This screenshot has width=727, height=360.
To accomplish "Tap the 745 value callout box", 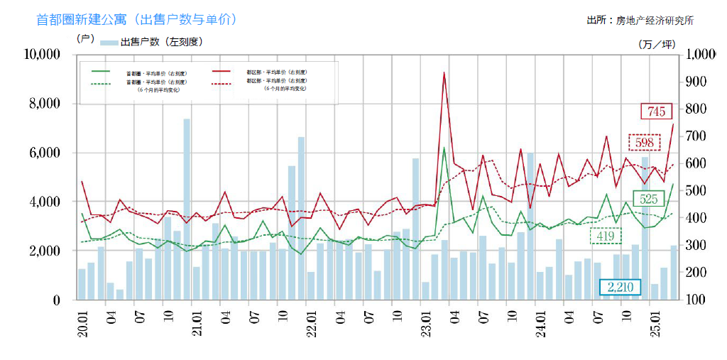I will point(656,111).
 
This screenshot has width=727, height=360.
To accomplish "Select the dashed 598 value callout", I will point(644,142).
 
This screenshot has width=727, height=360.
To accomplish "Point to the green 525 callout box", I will point(647,199).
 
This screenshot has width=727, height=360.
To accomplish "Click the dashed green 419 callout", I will point(604,236).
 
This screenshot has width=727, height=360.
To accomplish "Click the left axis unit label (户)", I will point(84,38).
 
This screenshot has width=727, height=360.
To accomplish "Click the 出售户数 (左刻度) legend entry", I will point(152,43).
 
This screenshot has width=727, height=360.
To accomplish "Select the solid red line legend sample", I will point(222,72).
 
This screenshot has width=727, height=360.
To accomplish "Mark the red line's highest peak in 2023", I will point(444,72).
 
